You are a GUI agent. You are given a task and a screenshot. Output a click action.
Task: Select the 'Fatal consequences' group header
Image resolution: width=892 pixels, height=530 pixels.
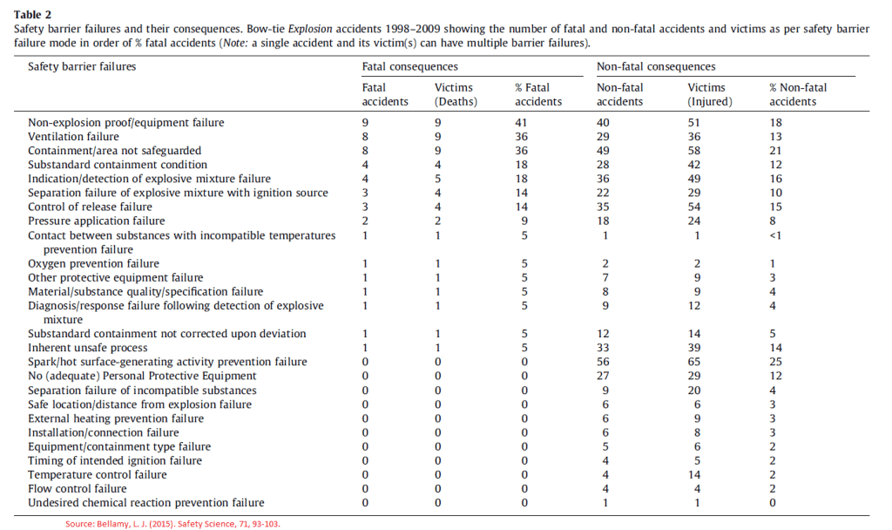tap(409, 66)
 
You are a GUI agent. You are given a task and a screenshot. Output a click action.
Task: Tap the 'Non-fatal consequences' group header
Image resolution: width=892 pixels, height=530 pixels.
tap(656, 66)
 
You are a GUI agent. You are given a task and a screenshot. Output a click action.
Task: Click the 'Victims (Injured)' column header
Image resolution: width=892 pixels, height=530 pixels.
tap(710, 94)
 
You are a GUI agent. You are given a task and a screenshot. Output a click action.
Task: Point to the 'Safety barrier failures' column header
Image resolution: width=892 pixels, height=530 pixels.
tap(82, 66)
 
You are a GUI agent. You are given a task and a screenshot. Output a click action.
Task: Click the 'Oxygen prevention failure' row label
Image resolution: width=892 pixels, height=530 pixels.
tap(93, 263)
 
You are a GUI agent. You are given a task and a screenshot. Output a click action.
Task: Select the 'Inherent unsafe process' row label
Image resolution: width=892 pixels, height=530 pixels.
tap(88, 348)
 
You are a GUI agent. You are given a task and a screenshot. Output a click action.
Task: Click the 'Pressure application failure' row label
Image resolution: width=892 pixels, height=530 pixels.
tap(97, 221)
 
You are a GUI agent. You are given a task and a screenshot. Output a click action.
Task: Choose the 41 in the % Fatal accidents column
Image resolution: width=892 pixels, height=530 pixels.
tap(522, 123)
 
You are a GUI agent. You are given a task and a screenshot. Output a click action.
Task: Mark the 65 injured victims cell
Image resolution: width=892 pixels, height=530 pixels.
tap(694, 362)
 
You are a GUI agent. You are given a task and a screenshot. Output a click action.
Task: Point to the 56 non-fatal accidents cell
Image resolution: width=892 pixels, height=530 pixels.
tap(603, 362)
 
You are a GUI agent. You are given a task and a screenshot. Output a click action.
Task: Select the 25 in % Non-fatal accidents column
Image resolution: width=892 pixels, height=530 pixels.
tap(775, 362)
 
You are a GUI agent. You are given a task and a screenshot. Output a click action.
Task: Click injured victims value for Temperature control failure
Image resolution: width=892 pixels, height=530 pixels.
tap(694, 474)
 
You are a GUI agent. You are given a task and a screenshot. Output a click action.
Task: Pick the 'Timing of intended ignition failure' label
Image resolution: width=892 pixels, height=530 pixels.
tap(115, 460)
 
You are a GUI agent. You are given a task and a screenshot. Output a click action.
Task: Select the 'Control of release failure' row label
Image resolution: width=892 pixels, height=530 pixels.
tap(90, 207)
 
